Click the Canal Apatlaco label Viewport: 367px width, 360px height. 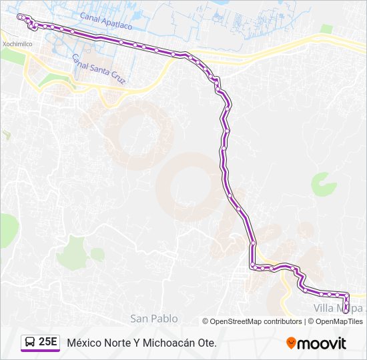[106, 20]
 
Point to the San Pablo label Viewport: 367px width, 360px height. [154, 319]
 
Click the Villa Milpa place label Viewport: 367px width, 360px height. [339, 309]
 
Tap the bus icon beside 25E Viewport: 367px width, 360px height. [30, 343]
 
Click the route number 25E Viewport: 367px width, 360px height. [48, 343]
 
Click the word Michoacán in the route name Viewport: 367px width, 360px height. [165, 343]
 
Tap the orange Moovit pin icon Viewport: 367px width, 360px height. [291, 343]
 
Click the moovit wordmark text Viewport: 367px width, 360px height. [322, 343]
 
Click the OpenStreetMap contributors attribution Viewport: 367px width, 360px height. [256, 321]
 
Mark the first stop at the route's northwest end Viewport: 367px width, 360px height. [20, 17]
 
